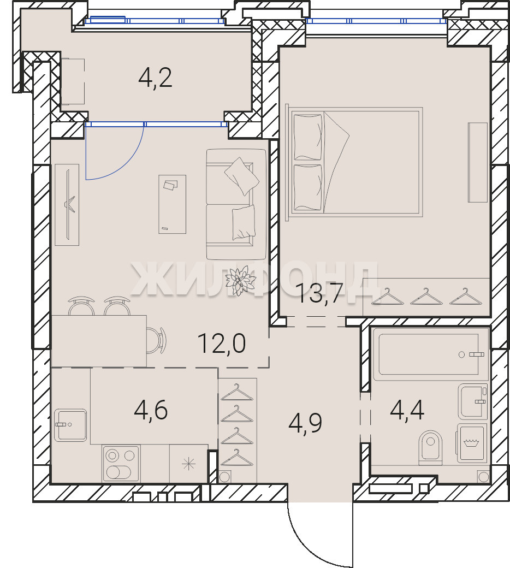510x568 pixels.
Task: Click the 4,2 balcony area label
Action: pos(156,78)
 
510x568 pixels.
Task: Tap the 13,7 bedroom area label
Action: pos(319,293)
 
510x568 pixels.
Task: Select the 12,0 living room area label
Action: pos(222,344)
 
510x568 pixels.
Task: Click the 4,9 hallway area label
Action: pos(305,423)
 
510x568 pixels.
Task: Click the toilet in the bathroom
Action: pos(431,447)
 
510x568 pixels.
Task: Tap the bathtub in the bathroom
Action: pos(431,354)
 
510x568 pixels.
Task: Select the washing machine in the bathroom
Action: pos(471,443)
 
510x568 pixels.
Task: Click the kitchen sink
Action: pos(70,425)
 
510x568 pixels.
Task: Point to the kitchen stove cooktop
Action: pos(121,463)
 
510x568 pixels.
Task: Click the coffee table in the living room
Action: pos(173,204)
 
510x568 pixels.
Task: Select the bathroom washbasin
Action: pos(473,401)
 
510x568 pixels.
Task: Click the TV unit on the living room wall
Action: pos(67,205)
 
